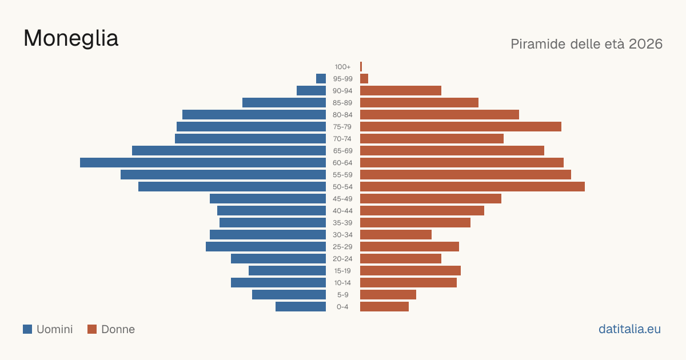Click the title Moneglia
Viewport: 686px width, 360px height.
coord(71,39)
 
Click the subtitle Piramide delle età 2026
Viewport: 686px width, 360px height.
coord(587,44)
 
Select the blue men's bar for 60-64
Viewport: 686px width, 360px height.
coord(203,162)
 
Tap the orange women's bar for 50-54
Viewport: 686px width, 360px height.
coord(472,187)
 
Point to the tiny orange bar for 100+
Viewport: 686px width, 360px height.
coord(361,67)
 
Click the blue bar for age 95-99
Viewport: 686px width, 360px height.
coord(321,79)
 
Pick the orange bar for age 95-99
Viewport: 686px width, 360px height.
coord(364,79)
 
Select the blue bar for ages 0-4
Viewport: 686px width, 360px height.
coord(301,307)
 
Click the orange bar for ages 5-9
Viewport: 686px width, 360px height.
coord(388,295)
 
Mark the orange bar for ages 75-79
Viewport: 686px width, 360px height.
coord(461,127)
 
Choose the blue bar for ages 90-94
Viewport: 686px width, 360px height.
coord(311,91)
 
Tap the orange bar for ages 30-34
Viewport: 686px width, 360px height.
coord(396,235)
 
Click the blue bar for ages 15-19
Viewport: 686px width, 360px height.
coord(287,271)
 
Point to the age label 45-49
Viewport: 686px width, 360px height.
coord(342,199)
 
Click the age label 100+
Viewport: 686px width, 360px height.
coord(342,67)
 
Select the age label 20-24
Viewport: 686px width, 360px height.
coord(342,259)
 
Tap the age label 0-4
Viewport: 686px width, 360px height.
coord(342,307)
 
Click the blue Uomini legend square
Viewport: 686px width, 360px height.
coord(27,329)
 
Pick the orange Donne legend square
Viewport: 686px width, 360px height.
coord(92,329)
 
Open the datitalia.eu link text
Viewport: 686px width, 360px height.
coord(629,329)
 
